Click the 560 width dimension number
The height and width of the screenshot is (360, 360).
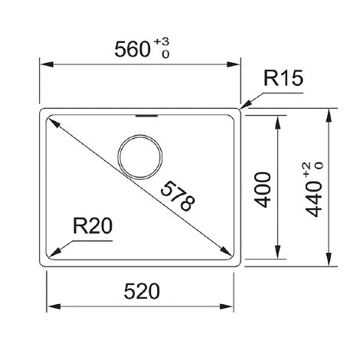click(x=133, y=49)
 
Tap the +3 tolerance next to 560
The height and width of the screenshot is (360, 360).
click(x=162, y=41)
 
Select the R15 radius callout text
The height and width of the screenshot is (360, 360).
click(x=283, y=78)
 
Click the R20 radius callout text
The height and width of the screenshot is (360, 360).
click(x=93, y=226)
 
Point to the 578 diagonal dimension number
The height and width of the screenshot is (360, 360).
click(x=178, y=196)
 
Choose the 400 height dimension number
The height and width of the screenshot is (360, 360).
click(x=263, y=190)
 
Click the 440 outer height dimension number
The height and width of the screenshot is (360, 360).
click(x=315, y=199)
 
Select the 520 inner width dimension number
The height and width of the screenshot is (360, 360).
click(x=142, y=291)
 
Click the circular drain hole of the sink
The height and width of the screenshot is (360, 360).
click(x=140, y=135)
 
